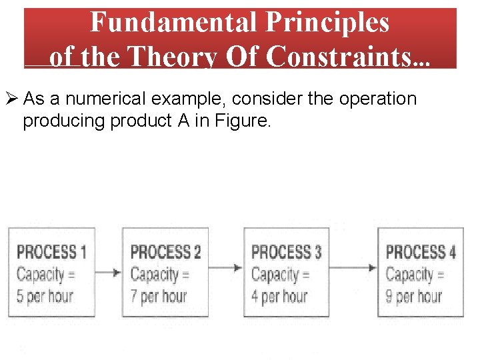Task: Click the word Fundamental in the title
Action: pos(173,23)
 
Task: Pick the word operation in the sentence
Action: pos(378,99)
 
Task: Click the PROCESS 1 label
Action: pos(51,252)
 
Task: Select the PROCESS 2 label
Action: pos(165,252)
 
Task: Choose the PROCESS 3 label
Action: pos(286,252)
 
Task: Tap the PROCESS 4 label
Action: pos(421,252)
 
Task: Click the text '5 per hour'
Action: pos(45,295)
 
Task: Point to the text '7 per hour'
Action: pos(159,295)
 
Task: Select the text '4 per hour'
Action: pos(279,295)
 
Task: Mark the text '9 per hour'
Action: pos(414,295)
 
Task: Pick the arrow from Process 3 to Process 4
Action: pos(354,268)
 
